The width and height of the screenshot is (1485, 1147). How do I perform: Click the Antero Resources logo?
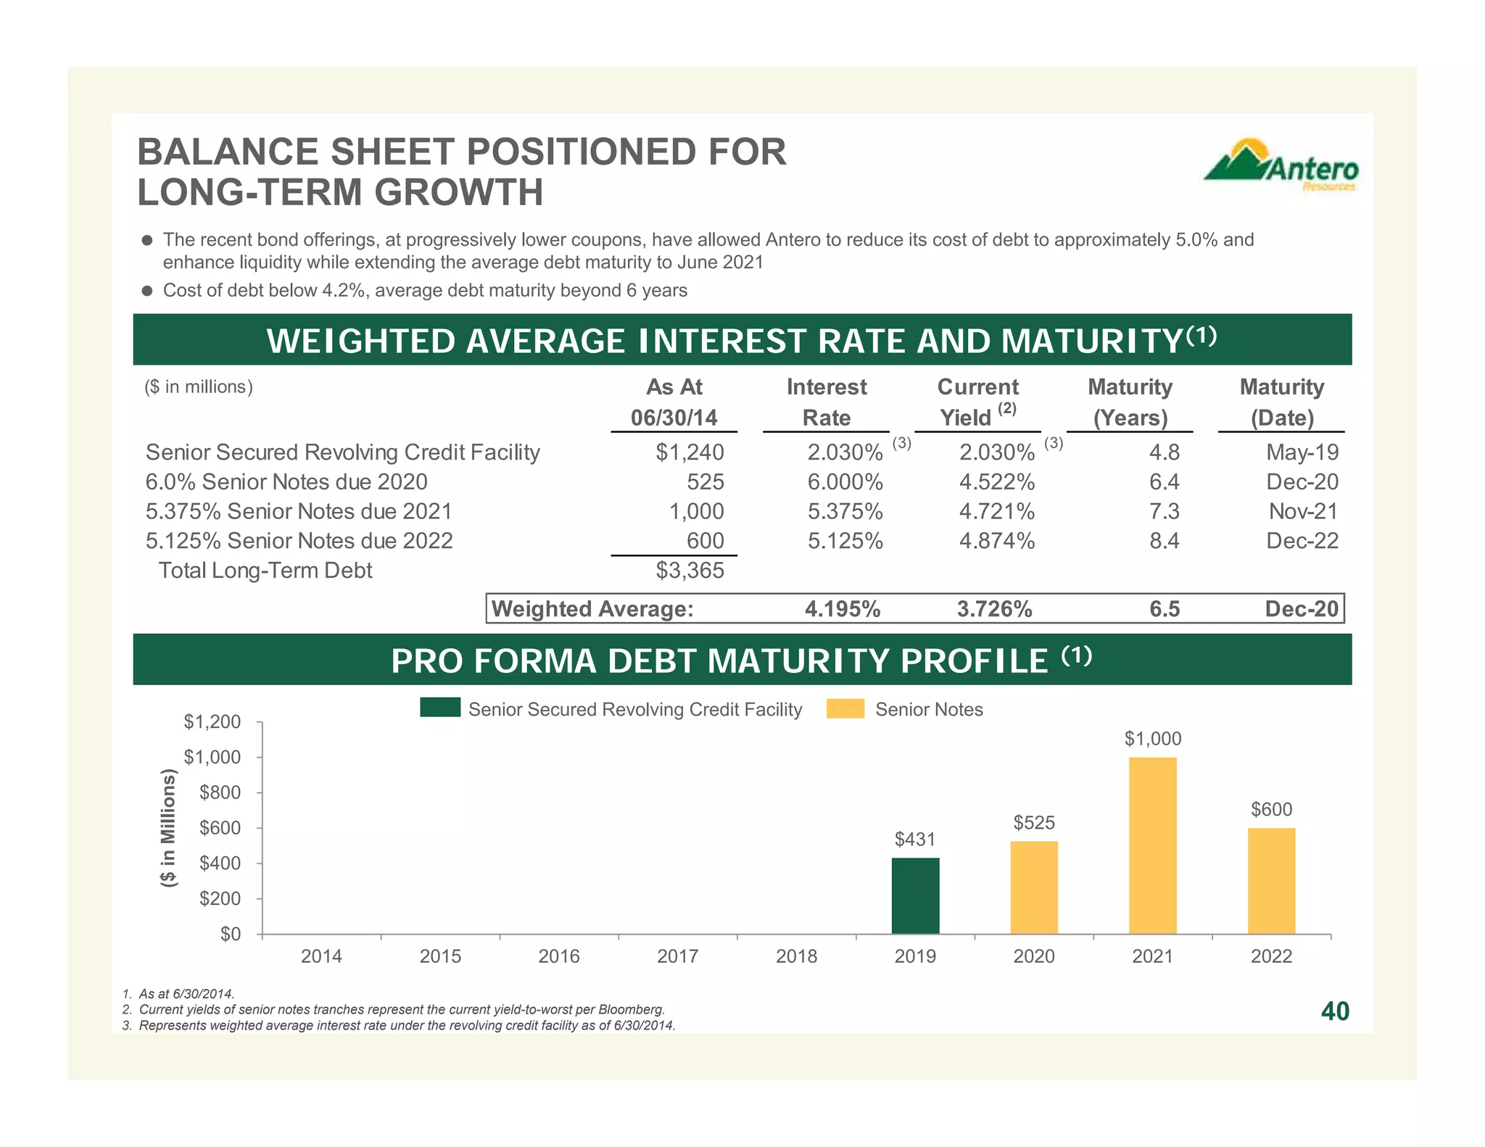coord(1281,165)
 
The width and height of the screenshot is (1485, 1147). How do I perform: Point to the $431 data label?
coord(915,839)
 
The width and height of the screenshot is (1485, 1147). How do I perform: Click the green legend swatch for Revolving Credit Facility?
coord(440,708)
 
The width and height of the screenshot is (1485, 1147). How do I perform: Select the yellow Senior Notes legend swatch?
coord(845,708)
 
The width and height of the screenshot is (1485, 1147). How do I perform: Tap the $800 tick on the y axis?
coord(220,792)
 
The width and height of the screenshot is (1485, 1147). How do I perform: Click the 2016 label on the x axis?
coord(559,956)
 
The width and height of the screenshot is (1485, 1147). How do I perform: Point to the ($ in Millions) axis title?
coord(168,827)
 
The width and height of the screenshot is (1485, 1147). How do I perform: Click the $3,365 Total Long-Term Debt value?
coord(690,571)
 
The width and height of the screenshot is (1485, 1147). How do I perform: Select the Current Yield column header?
coord(977,402)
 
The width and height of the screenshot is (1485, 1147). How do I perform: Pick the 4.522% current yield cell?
coord(997,482)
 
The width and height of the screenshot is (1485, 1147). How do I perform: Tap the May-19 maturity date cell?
coord(1302,452)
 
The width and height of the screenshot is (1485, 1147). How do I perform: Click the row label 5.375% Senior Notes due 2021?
coord(299,512)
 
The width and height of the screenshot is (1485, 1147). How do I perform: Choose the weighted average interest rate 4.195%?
coord(843,609)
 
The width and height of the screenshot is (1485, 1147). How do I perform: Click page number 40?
coord(1335,1011)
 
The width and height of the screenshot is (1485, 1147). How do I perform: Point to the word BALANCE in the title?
coord(228,152)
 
